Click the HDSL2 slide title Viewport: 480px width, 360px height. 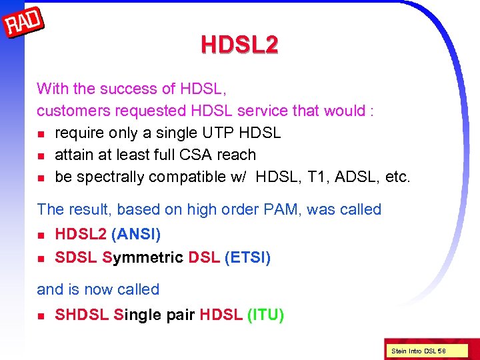[239, 45]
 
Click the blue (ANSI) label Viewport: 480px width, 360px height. [136, 235]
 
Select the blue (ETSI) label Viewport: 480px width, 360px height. [247, 257]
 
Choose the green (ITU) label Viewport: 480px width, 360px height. [265, 315]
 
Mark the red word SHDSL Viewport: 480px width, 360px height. [82, 315]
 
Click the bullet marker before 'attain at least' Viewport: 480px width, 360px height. [41, 155]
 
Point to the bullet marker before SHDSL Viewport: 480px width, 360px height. [41, 315]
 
